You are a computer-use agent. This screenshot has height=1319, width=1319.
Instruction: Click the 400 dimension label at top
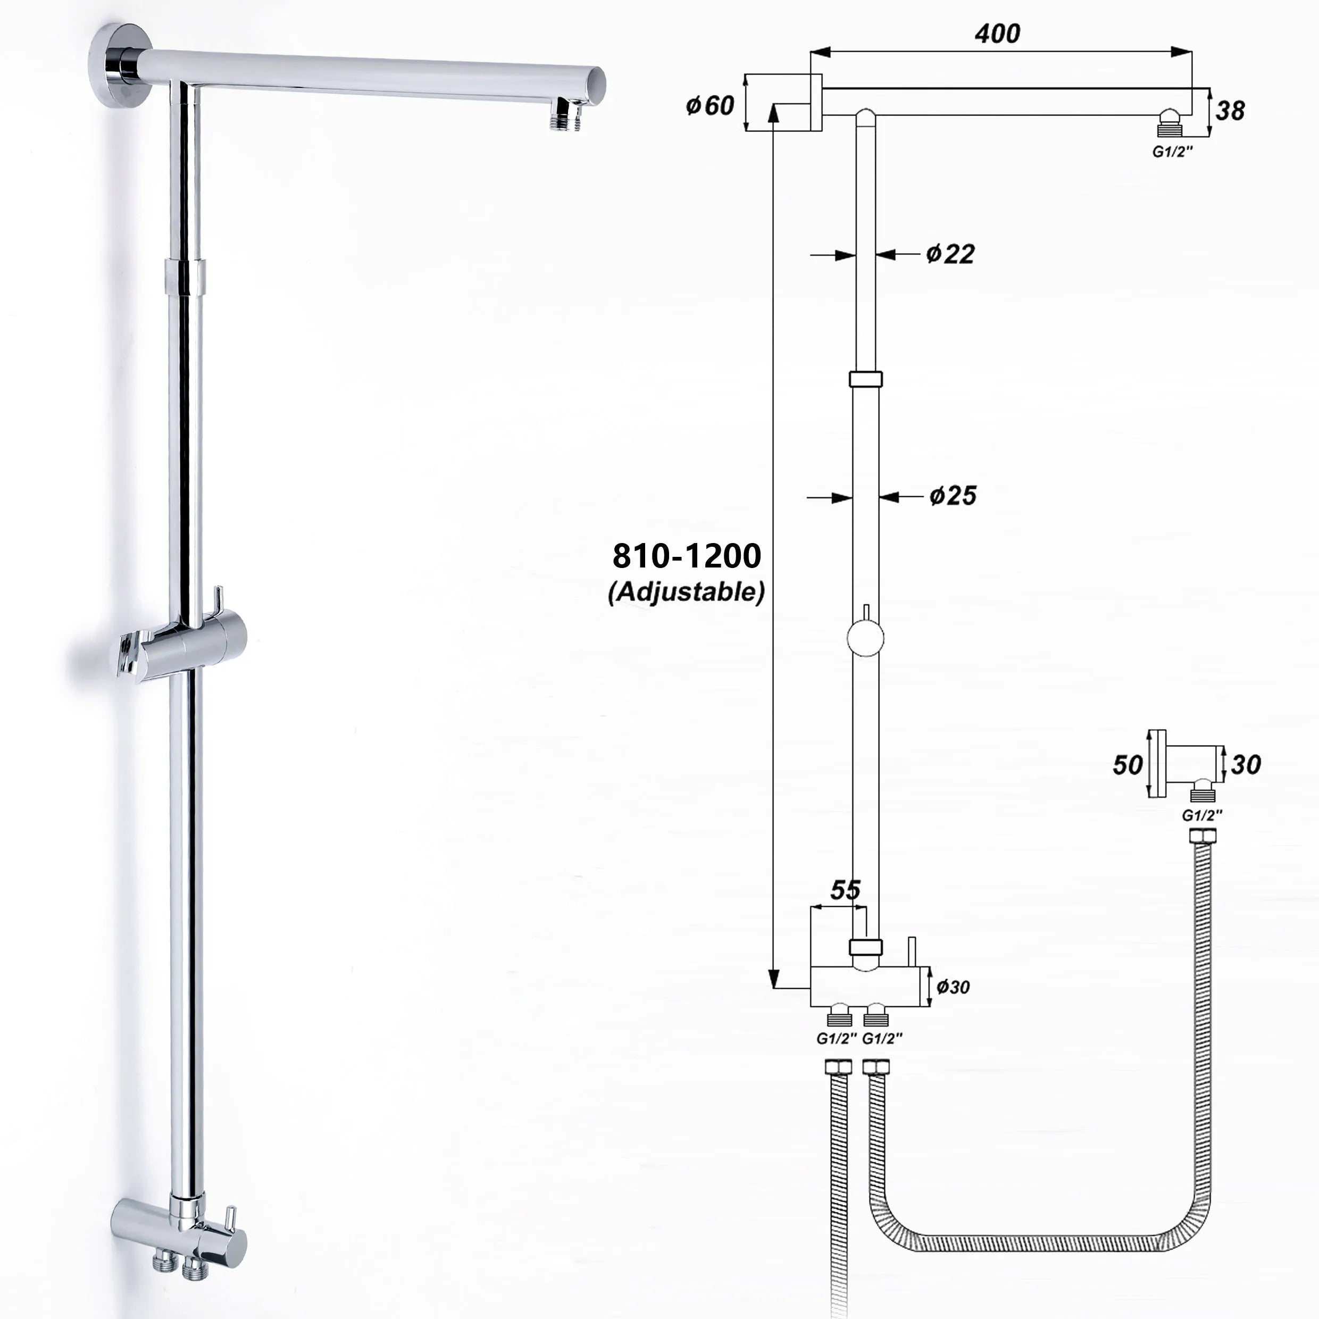point(997,34)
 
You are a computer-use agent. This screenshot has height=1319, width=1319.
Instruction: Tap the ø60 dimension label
point(710,106)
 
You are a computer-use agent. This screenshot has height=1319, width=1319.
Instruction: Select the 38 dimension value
point(1230,111)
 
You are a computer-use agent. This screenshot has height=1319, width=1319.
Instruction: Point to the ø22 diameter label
point(950,254)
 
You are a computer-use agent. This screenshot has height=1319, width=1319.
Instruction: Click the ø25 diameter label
point(953,496)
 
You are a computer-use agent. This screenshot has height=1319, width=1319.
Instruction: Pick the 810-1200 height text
point(686,556)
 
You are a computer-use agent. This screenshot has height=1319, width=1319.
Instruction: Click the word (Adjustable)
point(686,592)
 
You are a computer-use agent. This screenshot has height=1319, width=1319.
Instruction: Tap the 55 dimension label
point(845,890)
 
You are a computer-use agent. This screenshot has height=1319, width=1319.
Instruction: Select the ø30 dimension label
point(953,987)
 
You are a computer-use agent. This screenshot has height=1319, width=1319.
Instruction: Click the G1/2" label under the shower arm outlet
point(1172,152)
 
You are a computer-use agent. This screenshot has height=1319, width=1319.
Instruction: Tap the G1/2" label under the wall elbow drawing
point(1202,815)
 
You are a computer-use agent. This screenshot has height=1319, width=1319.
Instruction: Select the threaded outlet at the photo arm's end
point(566,114)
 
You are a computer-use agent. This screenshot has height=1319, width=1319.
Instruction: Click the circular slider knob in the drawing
point(865,638)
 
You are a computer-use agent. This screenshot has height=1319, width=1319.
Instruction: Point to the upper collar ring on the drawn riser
point(865,378)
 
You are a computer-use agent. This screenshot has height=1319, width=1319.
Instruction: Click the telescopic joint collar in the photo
point(185,277)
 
